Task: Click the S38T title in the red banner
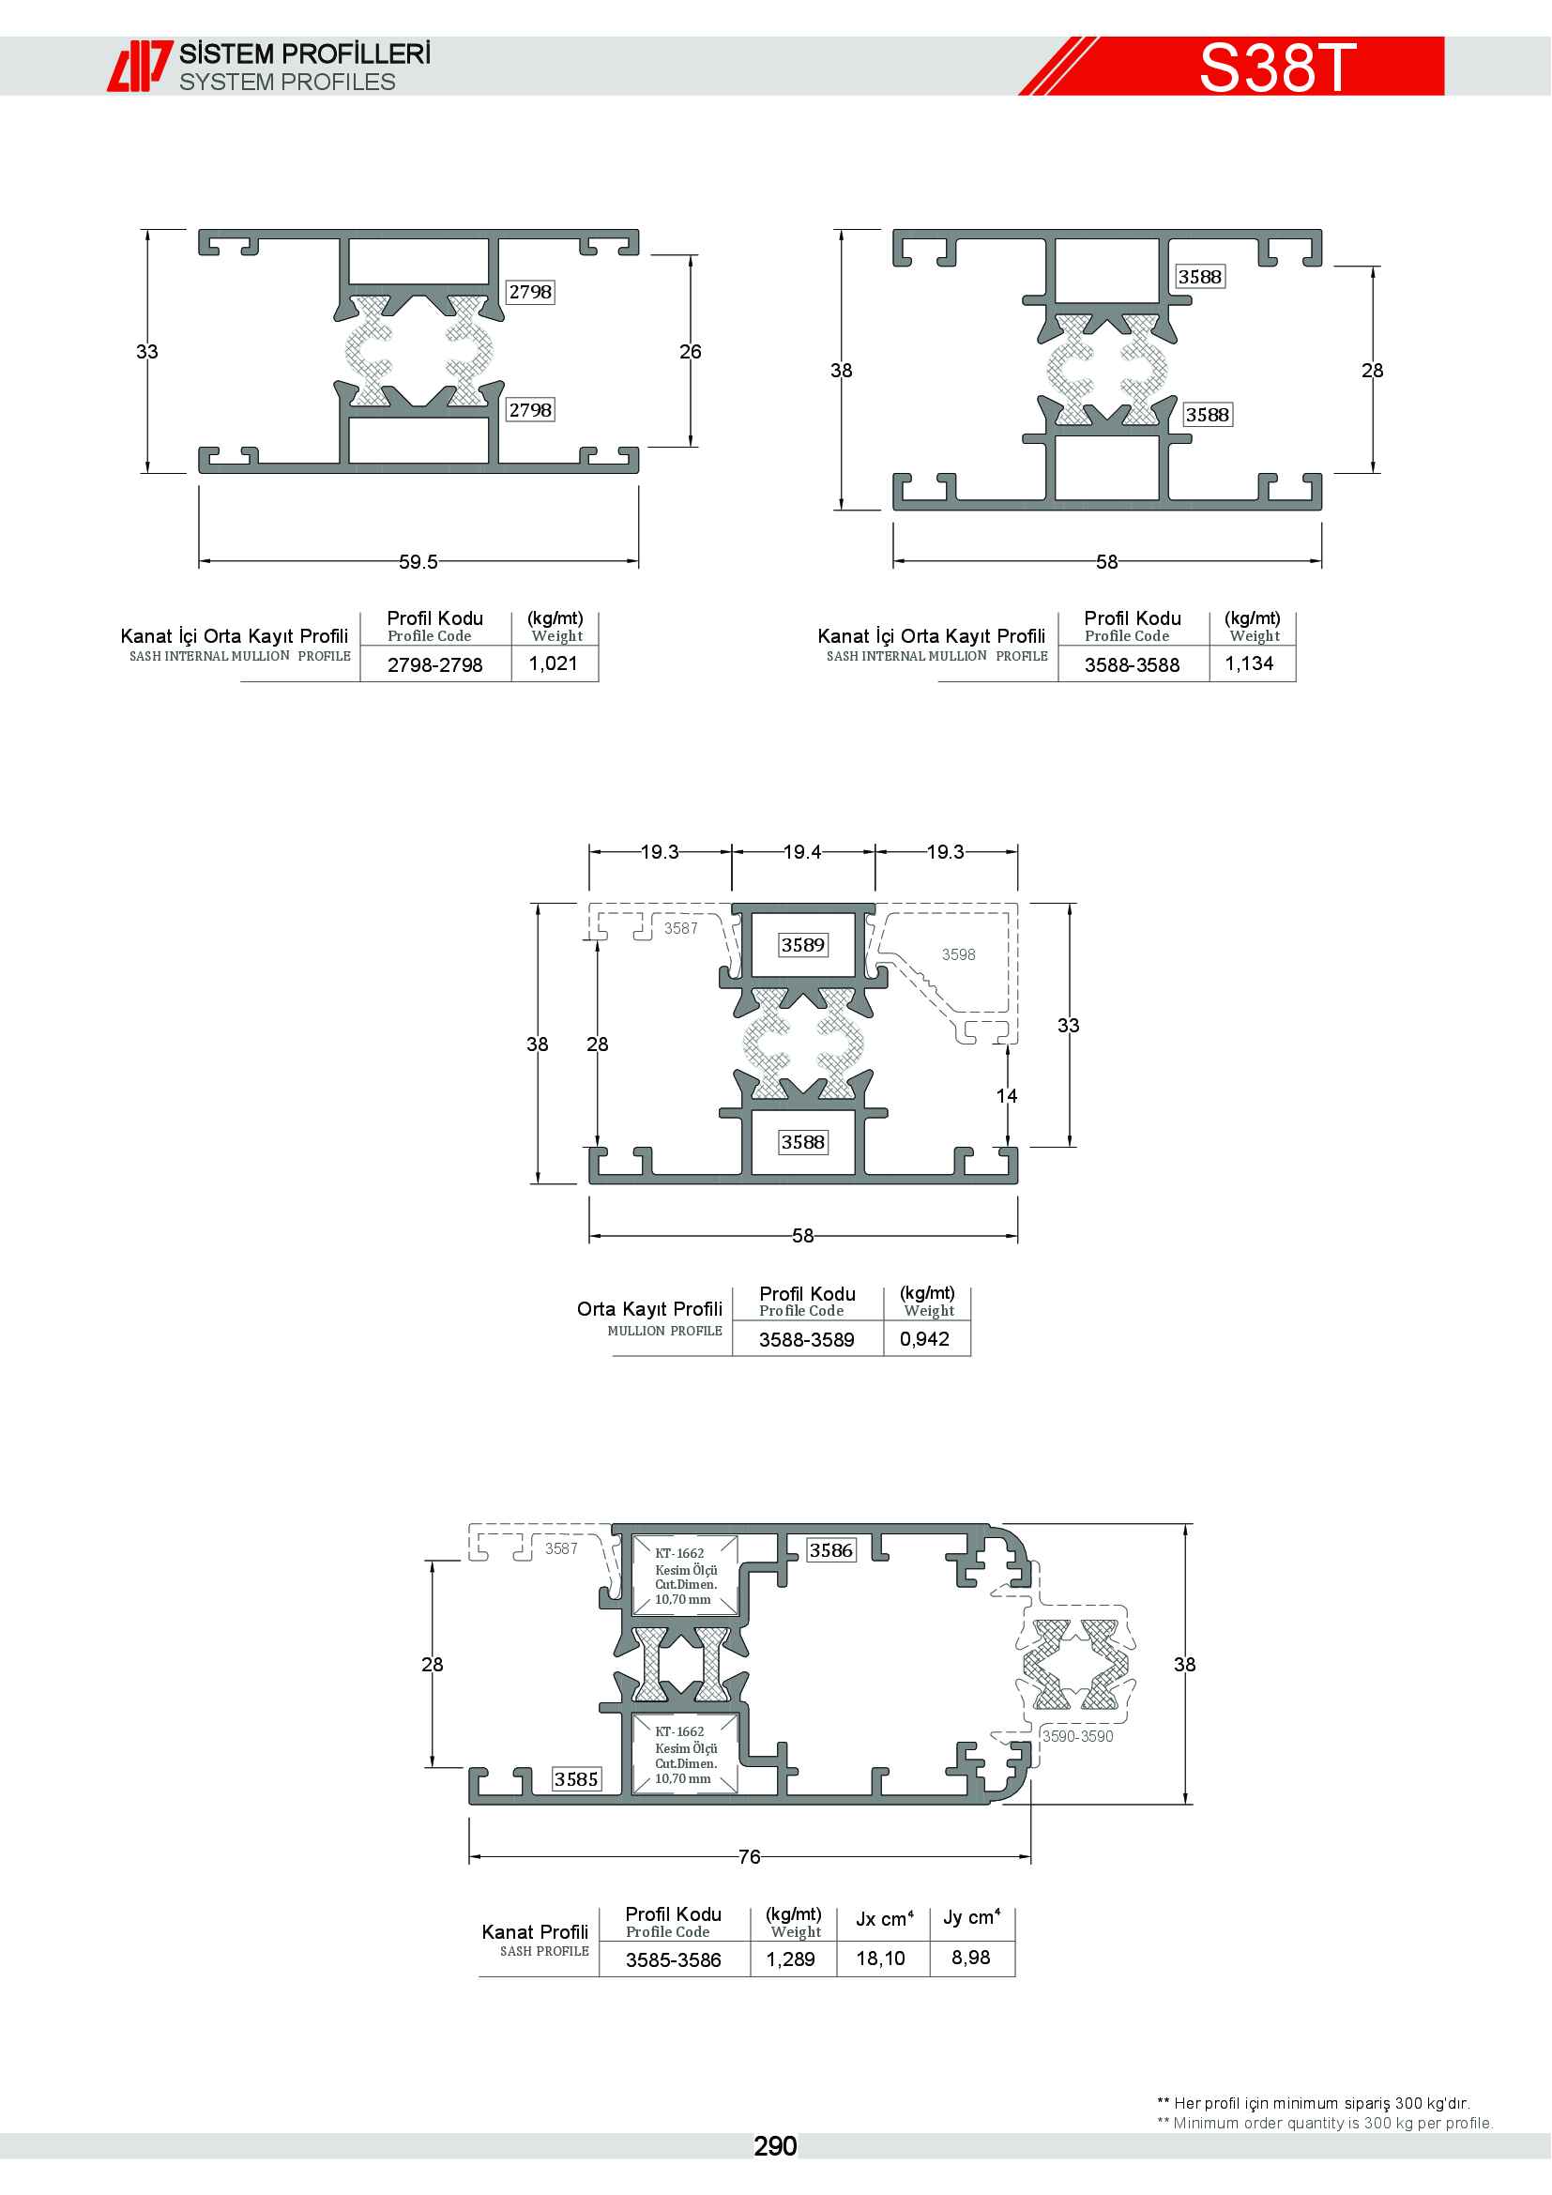[x=1277, y=67]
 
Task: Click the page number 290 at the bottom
[x=775, y=2146]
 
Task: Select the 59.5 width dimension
[x=418, y=562]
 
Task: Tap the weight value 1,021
[x=554, y=663]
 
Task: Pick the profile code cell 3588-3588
[x=1132, y=664]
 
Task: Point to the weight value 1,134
[x=1249, y=663]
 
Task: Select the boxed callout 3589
[x=803, y=945]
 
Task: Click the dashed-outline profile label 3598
[x=959, y=954]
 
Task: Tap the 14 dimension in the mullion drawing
[x=1007, y=1095]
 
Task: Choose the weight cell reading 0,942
[x=924, y=1338]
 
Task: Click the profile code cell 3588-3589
[x=807, y=1339]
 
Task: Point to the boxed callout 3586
[x=831, y=1550]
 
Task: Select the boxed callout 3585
[x=576, y=1779]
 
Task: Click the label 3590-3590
[x=1077, y=1736]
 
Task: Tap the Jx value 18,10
[x=880, y=1958]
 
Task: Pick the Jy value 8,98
[x=970, y=1957]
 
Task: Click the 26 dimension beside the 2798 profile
[x=690, y=352]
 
